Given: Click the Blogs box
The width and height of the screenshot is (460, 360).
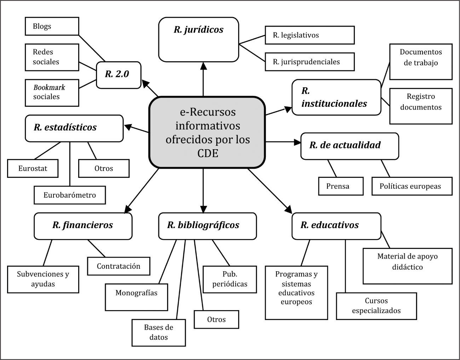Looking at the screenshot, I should point(52,27).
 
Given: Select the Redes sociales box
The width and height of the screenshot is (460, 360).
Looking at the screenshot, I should point(52,57).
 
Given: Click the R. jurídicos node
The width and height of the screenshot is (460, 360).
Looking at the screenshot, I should point(199,40).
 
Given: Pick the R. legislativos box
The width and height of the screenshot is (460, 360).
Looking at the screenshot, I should point(310,35).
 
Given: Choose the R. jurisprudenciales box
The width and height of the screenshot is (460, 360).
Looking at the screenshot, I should point(310,62).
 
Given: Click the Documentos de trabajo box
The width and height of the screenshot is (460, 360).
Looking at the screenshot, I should point(421,62).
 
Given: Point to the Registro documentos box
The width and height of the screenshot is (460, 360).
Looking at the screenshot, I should point(421,106).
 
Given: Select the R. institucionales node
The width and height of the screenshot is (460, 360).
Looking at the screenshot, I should point(336,97).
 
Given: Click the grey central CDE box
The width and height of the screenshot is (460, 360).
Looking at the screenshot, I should point(207,132).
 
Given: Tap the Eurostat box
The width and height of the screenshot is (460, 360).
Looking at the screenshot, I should point(33,168).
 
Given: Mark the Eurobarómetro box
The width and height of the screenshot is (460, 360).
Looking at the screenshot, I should point(70,195).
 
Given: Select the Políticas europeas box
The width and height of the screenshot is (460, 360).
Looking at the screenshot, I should point(412,186).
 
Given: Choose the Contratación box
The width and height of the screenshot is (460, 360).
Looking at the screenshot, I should point(119,266).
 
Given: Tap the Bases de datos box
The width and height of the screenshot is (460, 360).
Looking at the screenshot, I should point(159,332).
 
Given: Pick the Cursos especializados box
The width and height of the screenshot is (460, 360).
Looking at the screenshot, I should point(376,306).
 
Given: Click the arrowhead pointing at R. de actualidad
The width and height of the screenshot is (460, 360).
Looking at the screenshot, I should point(297,142).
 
